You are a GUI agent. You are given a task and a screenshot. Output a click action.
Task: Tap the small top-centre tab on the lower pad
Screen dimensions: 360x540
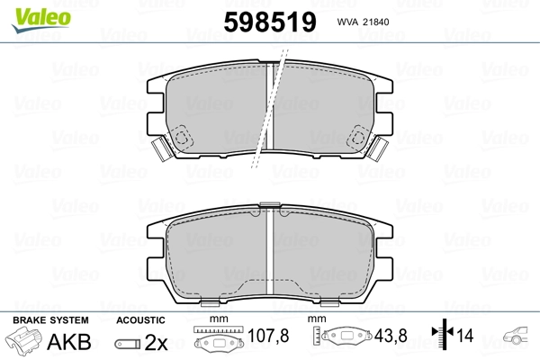[x=270, y=205]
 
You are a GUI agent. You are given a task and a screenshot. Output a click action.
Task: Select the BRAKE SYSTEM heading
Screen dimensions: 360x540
[x=49, y=319]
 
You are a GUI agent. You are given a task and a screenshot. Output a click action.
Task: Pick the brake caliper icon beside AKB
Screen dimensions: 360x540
[x=26, y=342]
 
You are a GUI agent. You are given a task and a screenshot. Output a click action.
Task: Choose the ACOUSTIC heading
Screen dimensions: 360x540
[x=141, y=319]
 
